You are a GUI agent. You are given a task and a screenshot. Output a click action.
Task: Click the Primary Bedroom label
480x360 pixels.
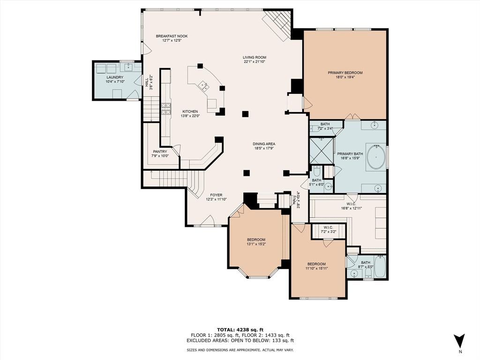345,73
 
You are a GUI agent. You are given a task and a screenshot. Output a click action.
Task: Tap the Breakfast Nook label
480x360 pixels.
172,36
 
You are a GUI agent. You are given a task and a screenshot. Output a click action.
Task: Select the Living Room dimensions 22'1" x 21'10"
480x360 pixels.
254,61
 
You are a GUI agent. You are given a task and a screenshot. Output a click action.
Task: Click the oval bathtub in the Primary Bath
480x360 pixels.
376,157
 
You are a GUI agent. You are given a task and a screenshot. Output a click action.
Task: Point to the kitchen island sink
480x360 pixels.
204,85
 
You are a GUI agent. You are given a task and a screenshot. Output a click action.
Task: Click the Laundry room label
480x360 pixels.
115,77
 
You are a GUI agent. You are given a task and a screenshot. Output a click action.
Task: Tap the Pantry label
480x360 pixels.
160,151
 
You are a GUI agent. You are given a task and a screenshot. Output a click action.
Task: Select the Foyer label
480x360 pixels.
216,195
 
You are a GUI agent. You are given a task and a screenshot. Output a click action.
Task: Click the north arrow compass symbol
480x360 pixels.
459,341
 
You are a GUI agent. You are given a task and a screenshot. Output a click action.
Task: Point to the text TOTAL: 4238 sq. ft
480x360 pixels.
240,330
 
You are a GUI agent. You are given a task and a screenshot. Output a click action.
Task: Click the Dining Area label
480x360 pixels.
263,144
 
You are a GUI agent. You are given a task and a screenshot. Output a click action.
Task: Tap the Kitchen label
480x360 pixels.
190,112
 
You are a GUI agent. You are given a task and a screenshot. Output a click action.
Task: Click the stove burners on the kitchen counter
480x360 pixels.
166,109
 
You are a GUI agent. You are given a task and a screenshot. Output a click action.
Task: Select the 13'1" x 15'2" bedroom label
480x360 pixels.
256,240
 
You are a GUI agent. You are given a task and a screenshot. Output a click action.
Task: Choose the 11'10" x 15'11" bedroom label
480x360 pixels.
316,264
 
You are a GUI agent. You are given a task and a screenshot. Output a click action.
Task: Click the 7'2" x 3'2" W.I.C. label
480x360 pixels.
328,228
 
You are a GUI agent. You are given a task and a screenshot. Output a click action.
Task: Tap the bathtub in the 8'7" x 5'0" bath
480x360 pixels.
380,267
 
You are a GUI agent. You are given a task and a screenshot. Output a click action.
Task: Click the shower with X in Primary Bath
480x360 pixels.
321,150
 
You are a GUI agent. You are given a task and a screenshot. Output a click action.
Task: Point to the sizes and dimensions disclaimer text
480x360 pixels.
240,350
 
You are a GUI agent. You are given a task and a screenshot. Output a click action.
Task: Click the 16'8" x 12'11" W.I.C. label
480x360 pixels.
351,204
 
